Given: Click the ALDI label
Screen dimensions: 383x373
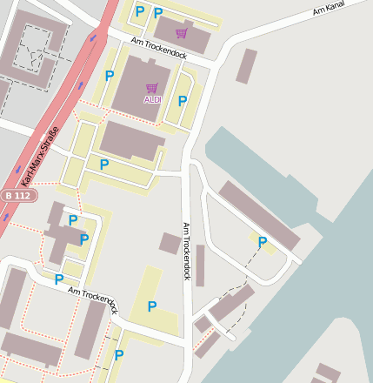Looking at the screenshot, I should (x=152, y=100).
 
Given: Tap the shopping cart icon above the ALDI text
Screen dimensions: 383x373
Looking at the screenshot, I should (x=152, y=88).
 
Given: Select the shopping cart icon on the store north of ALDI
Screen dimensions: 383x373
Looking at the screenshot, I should (x=181, y=33).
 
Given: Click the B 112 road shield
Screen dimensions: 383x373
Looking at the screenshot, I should (x=10, y=196).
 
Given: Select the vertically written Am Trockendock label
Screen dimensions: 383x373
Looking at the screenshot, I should (x=185, y=250).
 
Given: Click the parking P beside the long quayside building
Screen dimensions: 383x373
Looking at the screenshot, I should (x=262, y=242).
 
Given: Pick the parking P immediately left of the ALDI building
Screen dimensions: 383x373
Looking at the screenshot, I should (x=110, y=77).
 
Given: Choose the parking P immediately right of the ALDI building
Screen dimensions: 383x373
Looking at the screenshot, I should (x=183, y=101).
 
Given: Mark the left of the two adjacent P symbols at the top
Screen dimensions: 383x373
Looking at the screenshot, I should (x=139, y=12).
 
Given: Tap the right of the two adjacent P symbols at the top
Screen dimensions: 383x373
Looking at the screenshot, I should (x=158, y=13).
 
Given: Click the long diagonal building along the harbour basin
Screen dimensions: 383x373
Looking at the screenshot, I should (x=258, y=214).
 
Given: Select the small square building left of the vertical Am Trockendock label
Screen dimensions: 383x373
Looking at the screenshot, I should (x=170, y=243).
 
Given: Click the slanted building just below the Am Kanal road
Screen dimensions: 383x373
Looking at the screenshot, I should (x=247, y=66).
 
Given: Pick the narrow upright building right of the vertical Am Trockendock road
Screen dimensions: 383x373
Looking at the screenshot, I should (x=200, y=265).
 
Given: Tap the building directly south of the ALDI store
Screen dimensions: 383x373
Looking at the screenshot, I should (x=130, y=140).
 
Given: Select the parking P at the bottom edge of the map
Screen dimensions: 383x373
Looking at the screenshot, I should (x=119, y=355).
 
